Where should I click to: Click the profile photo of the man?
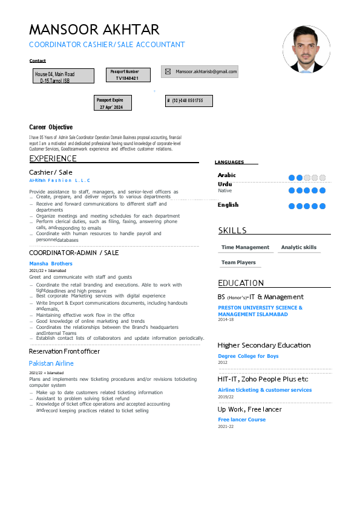(307, 49)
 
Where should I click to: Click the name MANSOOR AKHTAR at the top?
(94, 30)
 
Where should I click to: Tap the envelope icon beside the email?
(168, 71)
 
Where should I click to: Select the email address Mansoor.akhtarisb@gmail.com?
(206, 71)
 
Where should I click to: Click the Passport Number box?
(124, 75)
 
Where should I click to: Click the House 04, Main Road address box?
(64, 76)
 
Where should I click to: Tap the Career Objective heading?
(51, 127)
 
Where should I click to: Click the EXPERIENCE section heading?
(53, 158)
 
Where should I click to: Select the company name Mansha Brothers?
(51, 264)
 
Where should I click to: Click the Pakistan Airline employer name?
(51, 363)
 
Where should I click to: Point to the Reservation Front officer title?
(64, 351)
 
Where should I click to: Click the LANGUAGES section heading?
(229, 162)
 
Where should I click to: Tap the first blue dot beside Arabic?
(292, 178)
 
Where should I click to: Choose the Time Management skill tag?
(245, 247)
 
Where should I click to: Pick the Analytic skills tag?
(299, 247)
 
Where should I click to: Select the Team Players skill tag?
(238, 262)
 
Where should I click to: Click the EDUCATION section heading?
(241, 283)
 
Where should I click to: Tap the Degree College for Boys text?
(248, 356)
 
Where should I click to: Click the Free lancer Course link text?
(241, 420)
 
